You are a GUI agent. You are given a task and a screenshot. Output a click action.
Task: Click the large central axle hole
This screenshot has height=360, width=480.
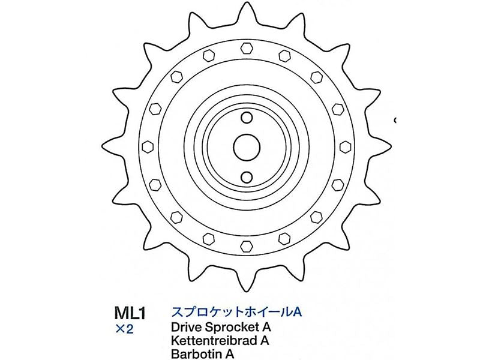246,146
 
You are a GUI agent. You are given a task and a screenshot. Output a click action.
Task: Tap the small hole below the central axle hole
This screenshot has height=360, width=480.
246,176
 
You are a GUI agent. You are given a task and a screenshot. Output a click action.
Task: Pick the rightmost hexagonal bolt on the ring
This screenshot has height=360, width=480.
346,146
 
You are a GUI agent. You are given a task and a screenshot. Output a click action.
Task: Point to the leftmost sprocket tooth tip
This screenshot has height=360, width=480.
106,146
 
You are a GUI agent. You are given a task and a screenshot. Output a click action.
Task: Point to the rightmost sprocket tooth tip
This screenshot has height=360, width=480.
386,146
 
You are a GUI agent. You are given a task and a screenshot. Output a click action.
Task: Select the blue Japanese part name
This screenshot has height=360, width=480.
235,314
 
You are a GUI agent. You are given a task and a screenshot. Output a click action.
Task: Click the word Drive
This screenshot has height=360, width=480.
185,328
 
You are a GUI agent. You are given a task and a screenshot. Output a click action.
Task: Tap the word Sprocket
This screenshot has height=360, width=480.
232,328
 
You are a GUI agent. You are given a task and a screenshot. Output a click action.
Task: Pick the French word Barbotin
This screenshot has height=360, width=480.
191,355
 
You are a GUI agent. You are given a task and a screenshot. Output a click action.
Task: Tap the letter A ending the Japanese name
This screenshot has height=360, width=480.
295,314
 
